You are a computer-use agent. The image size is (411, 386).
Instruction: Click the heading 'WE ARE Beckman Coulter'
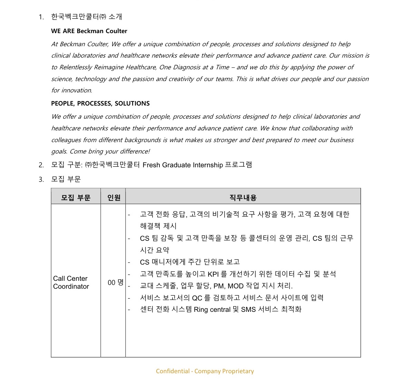click(89, 31)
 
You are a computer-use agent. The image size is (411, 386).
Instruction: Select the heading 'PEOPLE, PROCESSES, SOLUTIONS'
click(100, 103)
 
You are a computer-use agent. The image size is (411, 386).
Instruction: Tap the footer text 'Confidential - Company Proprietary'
click(205, 371)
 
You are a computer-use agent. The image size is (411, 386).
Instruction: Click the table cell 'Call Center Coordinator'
click(71, 283)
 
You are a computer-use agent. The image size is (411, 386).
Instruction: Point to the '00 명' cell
click(115, 283)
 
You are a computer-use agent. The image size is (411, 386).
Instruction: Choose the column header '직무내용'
click(243, 198)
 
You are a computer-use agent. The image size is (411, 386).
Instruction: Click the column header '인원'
click(114, 198)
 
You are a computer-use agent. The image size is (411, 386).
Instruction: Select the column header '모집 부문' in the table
click(76, 198)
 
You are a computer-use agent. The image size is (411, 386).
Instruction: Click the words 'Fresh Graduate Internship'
click(183, 165)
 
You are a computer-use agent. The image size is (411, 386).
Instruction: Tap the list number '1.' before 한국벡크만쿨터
click(41, 17)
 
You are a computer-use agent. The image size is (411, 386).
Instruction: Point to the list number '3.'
click(41, 179)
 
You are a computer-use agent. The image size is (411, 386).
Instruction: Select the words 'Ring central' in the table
click(212, 309)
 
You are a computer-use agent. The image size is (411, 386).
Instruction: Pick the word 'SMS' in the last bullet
click(248, 309)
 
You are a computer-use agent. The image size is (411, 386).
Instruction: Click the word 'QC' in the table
click(197, 298)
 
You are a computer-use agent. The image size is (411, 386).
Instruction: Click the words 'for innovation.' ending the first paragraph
click(72, 90)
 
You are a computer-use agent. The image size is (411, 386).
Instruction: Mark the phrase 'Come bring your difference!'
click(110, 151)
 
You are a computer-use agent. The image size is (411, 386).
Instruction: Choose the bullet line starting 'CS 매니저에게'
click(189, 262)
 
